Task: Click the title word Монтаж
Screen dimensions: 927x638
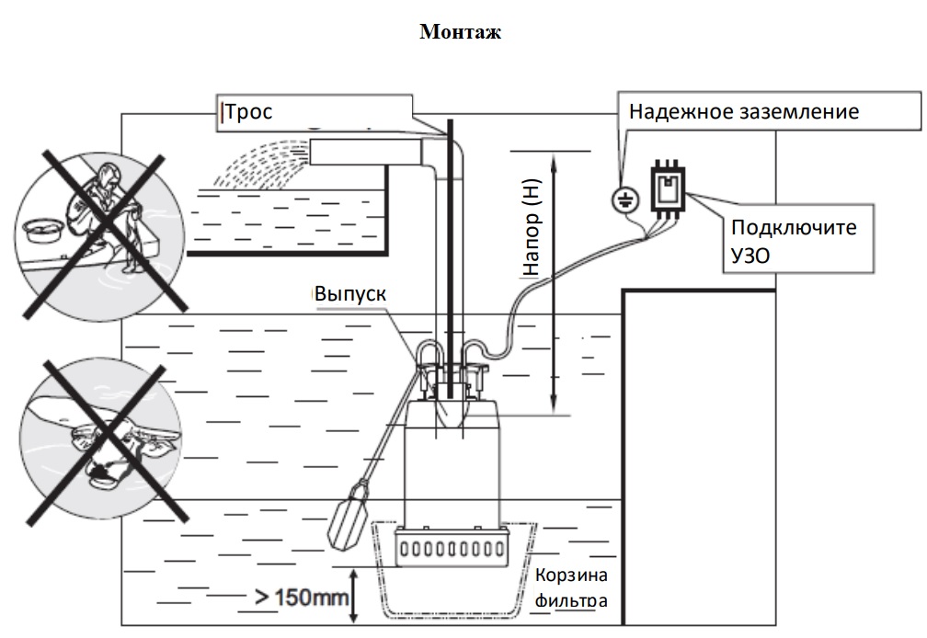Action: click(460, 31)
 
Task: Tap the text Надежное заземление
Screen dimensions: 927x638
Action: click(744, 111)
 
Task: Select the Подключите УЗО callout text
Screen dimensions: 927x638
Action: click(794, 241)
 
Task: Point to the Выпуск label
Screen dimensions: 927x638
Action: click(350, 293)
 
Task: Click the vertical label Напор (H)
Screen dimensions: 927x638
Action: click(532, 227)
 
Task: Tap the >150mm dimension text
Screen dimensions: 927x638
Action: click(302, 598)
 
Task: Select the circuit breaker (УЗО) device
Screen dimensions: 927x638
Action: click(668, 187)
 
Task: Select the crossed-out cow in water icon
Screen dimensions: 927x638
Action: click(99, 441)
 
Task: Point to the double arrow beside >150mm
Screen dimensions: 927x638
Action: click(353, 596)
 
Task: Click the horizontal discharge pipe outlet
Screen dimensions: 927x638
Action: click(367, 152)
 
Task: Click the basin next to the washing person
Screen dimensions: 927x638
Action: click(42, 230)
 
